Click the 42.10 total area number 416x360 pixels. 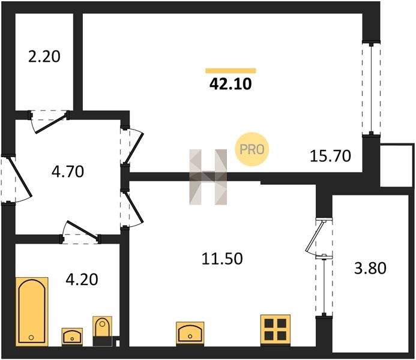(231, 85)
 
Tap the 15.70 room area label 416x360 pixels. (330, 156)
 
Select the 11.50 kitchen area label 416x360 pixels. (222, 259)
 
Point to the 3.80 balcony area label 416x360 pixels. (370, 268)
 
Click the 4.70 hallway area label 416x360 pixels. (68, 171)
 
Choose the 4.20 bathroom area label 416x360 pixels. (82, 280)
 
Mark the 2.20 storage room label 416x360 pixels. (44, 57)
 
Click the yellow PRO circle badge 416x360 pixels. (252, 149)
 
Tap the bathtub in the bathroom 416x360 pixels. (32, 311)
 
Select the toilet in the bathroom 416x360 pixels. (102, 331)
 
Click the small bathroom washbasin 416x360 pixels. (72, 337)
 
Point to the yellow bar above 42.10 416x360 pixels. (231, 71)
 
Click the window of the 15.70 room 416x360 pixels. (371, 89)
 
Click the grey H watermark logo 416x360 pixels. (208, 177)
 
